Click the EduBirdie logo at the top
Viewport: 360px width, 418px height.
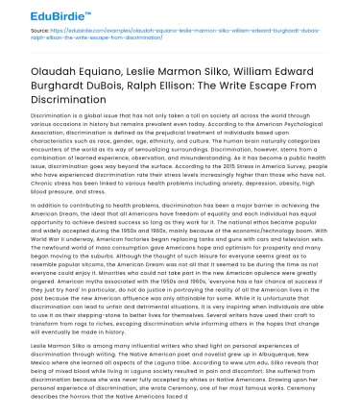coord(45,14)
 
